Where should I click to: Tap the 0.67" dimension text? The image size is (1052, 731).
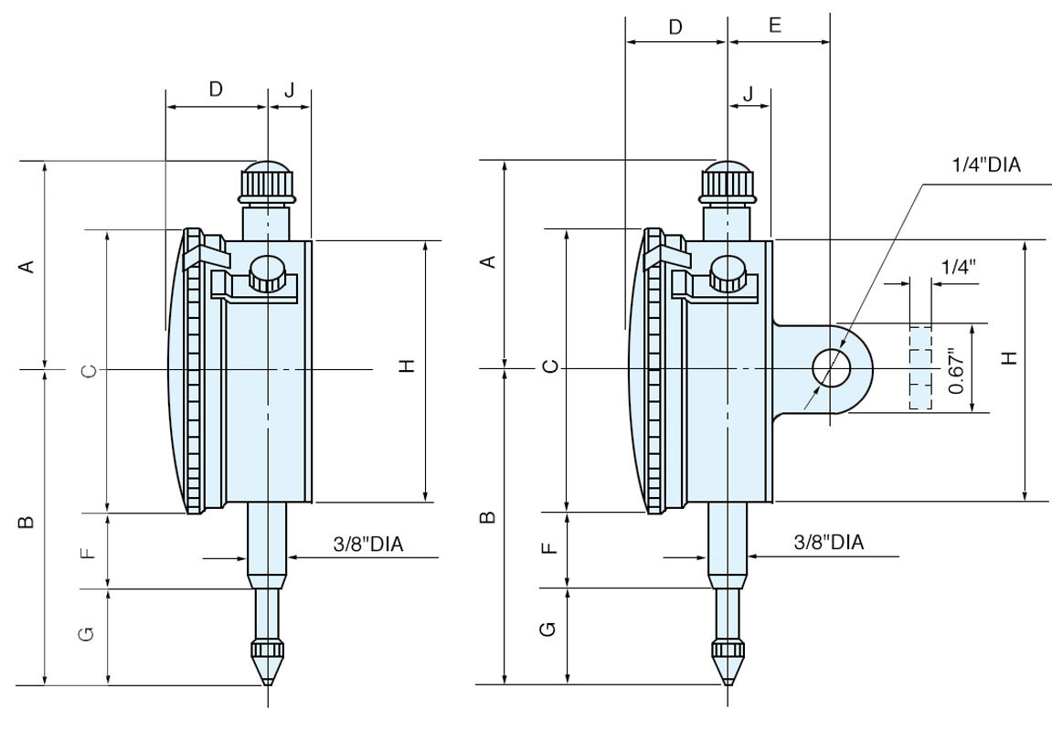[956, 370]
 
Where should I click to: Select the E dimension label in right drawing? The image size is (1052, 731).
[775, 26]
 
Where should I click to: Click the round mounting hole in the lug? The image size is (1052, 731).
[832, 368]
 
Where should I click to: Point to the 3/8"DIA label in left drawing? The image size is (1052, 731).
[369, 544]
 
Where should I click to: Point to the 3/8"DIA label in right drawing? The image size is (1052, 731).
[829, 542]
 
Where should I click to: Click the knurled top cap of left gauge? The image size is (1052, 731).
[267, 182]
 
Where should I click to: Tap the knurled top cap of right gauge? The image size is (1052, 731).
[728, 182]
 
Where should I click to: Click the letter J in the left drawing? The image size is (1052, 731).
[290, 90]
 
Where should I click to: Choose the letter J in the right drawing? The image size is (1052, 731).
[749, 94]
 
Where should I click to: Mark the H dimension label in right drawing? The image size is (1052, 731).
[1008, 358]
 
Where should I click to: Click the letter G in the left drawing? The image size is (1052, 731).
[86, 633]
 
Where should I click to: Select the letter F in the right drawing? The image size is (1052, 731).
[547, 549]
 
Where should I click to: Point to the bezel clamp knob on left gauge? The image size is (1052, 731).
[268, 273]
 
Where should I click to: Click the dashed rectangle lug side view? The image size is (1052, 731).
[919, 366]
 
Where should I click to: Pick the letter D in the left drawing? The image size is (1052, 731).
[216, 89]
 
